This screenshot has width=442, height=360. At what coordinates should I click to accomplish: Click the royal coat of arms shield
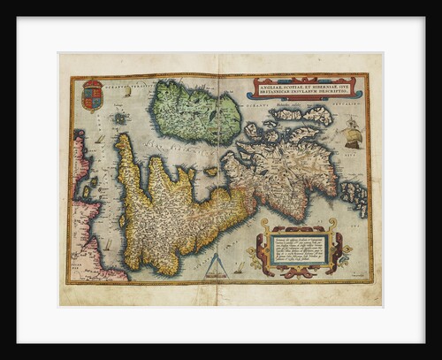click(92, 95)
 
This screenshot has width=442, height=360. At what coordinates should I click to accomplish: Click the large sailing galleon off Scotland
click(352, 135)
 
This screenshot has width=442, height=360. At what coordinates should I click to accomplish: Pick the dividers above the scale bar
click(217, 259)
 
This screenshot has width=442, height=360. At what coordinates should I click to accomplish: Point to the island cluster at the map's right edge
click(355, 196)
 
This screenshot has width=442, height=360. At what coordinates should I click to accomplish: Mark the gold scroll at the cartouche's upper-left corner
click(263, 226)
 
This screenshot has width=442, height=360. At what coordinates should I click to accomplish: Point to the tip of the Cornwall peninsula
click(123, 139)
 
